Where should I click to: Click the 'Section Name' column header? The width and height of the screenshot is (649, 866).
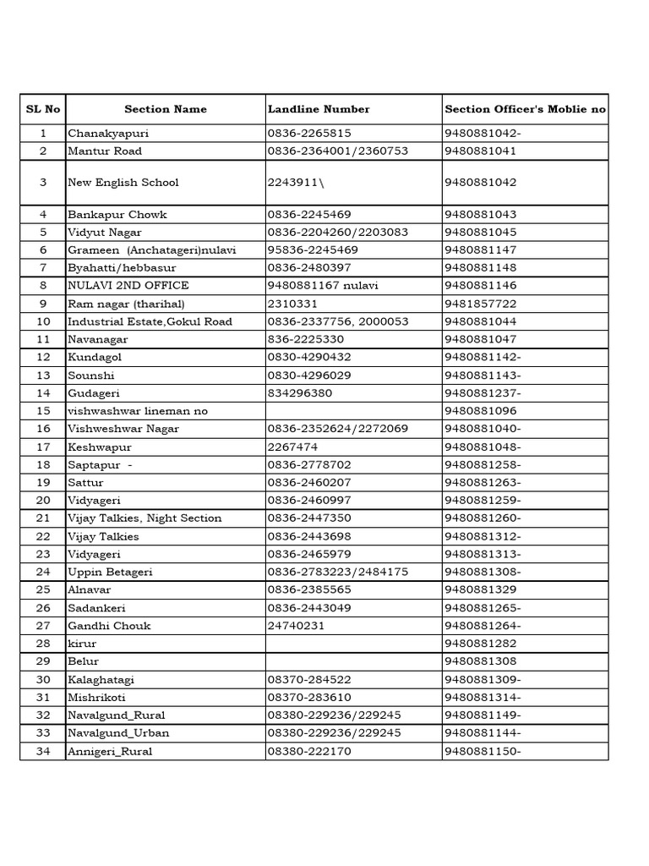tap(165, 109)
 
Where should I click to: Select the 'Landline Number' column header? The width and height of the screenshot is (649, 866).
tap(319, 109)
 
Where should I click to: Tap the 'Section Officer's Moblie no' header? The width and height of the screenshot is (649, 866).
tap(525, 109)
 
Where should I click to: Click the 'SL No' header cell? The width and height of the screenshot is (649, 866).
tap(43, 109)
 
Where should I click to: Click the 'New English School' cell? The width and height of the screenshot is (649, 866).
tap(123, 183)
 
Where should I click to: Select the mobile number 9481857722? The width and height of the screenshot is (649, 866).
tap(480, 304)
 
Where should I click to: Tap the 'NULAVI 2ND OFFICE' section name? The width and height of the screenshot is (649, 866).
tap(128, 286)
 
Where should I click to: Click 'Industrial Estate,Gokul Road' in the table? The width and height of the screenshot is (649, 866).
tap(150, 322)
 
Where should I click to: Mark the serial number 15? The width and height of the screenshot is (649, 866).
tap(44, 411)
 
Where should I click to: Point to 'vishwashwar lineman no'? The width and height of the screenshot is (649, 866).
tap(138, 411)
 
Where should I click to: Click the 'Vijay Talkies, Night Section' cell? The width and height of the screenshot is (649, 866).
tap(145, 518)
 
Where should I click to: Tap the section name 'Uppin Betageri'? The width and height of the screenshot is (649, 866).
tap(110, 573)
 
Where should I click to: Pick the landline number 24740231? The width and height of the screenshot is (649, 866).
tap(296, 626)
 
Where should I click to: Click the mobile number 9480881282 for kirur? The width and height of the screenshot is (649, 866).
tap(480, 644)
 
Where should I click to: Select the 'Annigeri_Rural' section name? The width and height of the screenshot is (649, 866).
tap(110, 751)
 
